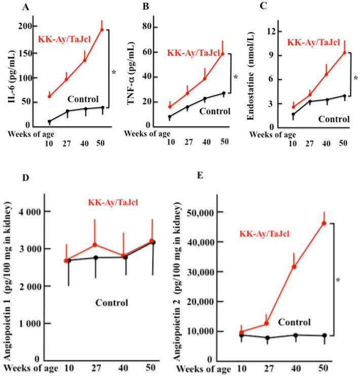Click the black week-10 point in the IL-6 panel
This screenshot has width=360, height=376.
click(x=49, y=122)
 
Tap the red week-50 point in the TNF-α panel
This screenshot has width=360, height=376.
click(x=222, y=54)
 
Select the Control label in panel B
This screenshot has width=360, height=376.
click(x=214, y=111)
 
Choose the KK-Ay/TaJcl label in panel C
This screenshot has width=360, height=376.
click(x=314, y=43)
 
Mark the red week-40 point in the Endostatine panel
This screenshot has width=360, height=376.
click(x=327, y=74)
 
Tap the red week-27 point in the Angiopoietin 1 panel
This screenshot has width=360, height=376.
click(x=94, y=245)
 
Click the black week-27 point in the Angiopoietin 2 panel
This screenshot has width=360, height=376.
click(x=266, y=338)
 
